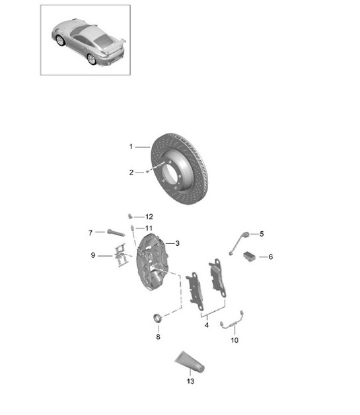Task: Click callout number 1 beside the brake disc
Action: [x=131, y=146]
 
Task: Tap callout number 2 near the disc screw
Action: [x=131, y=172]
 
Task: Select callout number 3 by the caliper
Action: [x=178, y=243]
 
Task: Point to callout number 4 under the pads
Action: [x=207, y=324]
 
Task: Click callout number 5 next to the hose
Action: [x=262, y=233]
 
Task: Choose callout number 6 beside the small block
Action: [x=270, y=257]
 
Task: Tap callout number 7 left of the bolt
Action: [x=90, y=232]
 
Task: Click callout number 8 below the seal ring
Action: [x=158, y=337]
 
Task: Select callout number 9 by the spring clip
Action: [x=93, y=254]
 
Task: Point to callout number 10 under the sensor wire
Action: [x=234, y=340]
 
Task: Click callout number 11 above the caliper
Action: [x=149, y=228]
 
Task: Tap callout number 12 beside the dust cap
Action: [x=149, y=216]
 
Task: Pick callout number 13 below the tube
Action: [x=191, y=381]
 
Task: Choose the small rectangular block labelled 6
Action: [x=250, y=256]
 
